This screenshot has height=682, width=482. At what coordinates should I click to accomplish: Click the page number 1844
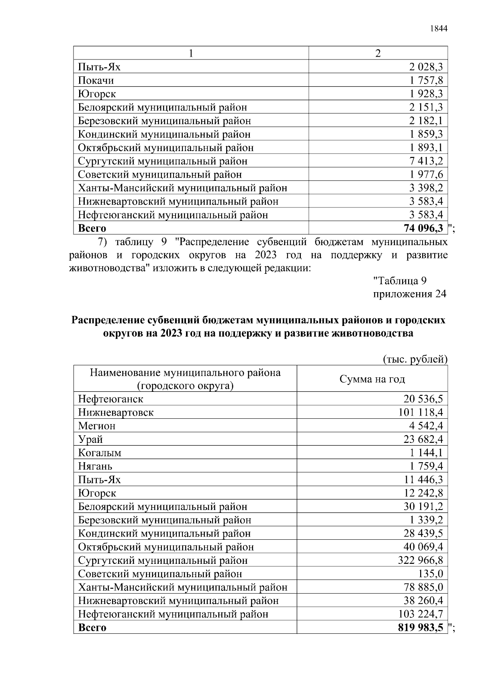(438, 29)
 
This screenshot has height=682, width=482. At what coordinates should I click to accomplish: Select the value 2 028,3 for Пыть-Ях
(426, 67)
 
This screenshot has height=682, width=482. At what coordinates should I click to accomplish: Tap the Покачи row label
(96, 80)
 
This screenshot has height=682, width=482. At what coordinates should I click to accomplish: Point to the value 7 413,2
(426, 161)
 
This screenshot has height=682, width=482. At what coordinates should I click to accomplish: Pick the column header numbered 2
(378, 53)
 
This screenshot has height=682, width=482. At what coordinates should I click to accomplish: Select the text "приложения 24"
(409, 294)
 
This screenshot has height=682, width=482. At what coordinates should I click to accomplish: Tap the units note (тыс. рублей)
(415, 358)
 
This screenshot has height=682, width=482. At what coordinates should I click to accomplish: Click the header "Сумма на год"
(372, 379)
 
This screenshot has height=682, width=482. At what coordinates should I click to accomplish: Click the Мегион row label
(96, 426)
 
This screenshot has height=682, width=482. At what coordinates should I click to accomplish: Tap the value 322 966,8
(421, 560)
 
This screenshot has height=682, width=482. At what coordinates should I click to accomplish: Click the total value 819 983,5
(421, 628)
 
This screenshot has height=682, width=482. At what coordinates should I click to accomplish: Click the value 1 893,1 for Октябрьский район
(426, 147)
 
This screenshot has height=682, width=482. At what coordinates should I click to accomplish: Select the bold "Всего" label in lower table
(92, 628)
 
